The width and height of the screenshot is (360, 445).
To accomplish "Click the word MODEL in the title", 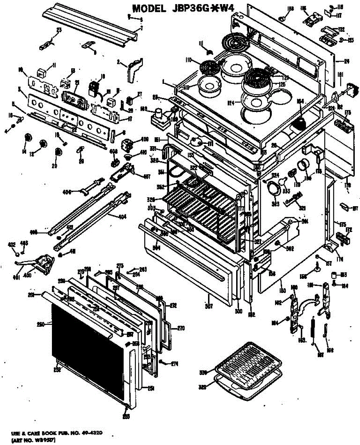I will [149, 9].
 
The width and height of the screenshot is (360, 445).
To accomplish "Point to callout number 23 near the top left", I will [49, 30].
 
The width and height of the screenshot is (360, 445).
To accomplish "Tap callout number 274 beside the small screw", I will [175, 364].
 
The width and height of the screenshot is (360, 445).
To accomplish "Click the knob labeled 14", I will [27, 138].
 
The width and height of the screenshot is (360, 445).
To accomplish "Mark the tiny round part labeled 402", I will [17, 254].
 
